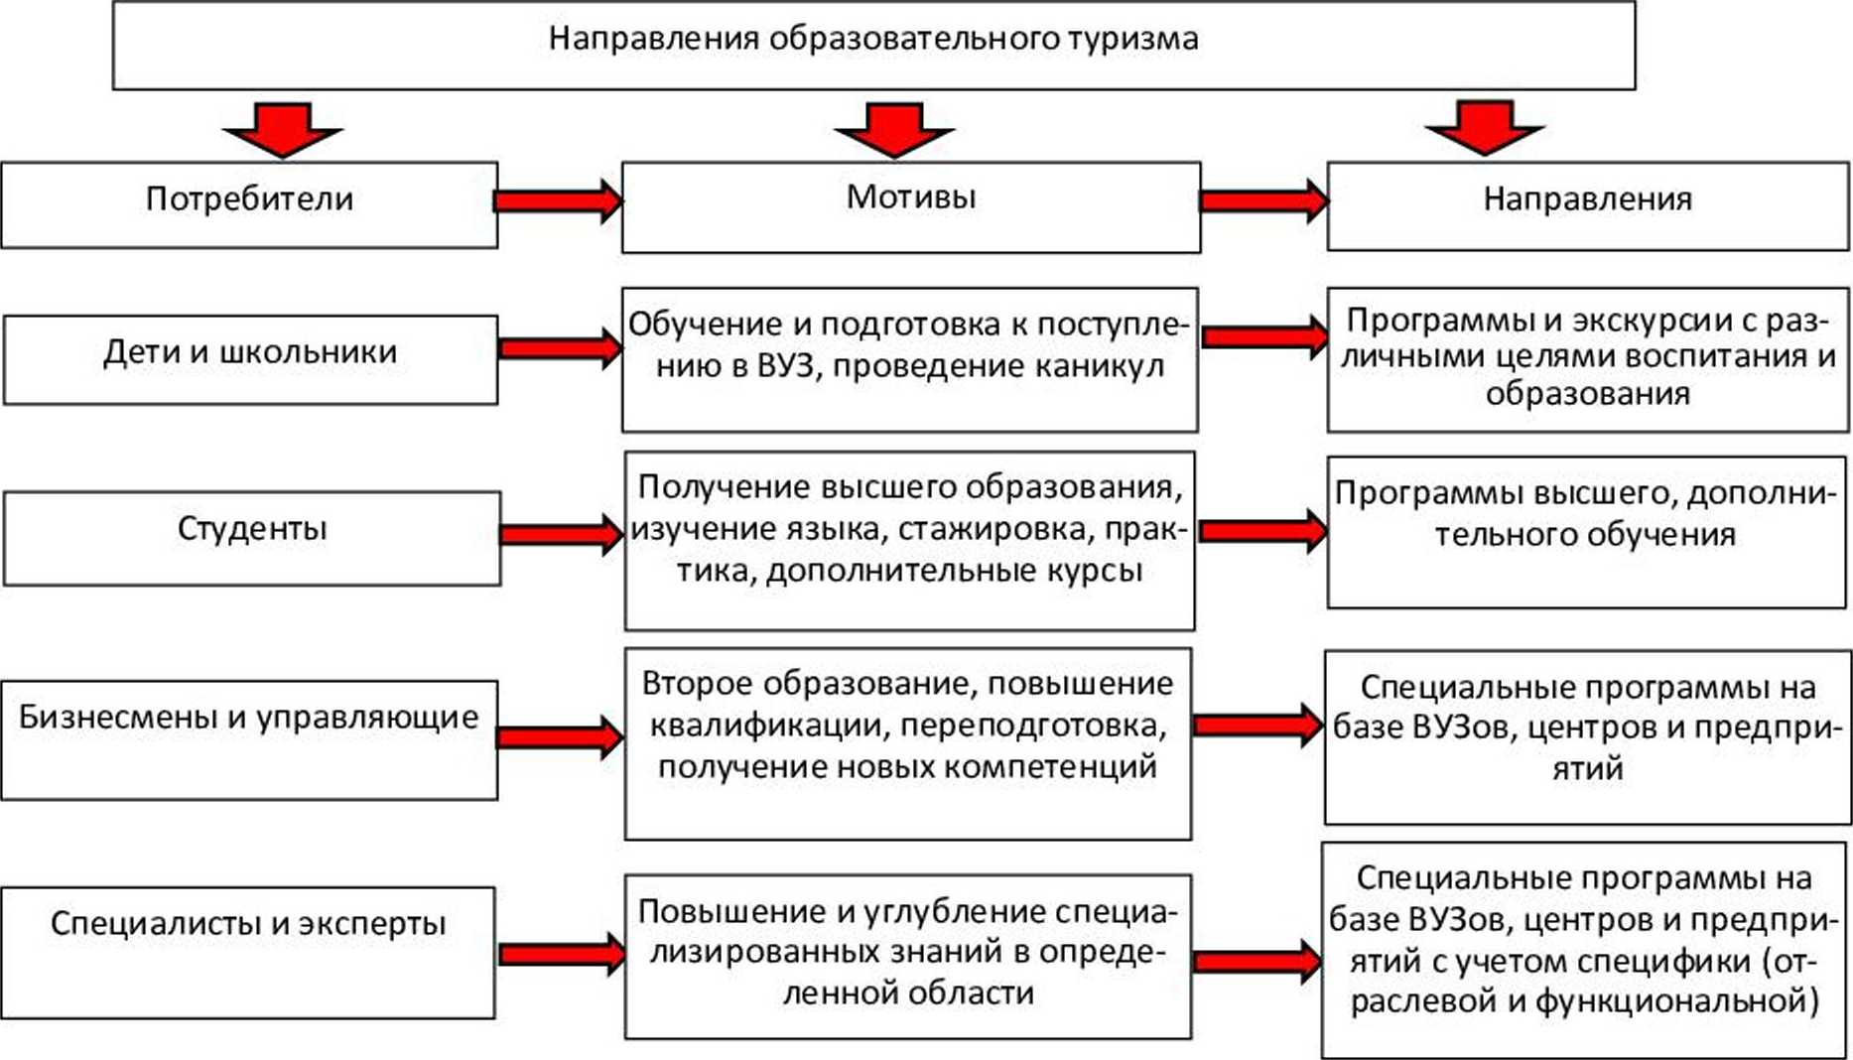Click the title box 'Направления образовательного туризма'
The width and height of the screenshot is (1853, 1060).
coord(873,45)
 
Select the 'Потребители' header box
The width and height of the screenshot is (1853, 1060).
coord(249,204)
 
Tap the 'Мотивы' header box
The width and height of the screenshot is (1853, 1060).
coord(910,206)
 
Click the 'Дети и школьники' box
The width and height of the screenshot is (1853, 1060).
coord(250,358)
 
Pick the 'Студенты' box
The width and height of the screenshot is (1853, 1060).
coord(252,537)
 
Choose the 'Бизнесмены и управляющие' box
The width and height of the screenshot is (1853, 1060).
coord(249,739)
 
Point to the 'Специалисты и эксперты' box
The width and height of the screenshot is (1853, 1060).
coord(248,952)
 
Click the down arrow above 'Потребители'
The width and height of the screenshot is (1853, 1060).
coord(283,129)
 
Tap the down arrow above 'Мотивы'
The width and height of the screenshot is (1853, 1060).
coord(893,129)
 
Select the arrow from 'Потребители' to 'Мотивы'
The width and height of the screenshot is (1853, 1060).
coord(558,201)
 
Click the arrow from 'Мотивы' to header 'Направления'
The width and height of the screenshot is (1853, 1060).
coord(1263,201)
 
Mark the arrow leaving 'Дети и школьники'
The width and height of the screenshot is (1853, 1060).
coord(559,348)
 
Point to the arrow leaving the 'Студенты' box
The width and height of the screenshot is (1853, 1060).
coord(561,535)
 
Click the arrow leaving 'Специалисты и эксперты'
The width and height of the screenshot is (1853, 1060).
coord(561,955)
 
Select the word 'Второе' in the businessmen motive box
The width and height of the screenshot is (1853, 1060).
coord(696,683)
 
